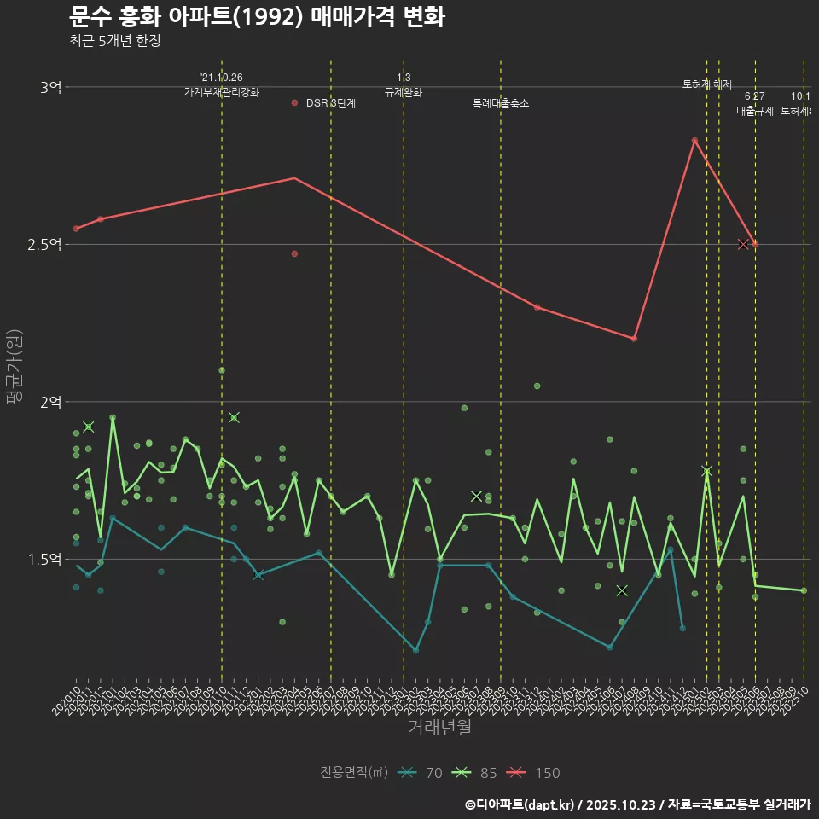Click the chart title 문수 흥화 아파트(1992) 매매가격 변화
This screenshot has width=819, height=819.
point(256,17)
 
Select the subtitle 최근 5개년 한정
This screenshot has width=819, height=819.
point(114,40)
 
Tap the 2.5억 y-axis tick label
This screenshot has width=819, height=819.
point(45,245)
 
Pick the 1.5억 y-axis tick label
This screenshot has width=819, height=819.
point(45,560)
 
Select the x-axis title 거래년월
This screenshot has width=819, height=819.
point(439,728)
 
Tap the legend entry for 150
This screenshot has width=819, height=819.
point(533,773)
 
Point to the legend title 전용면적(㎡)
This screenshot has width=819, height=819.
point(354,773)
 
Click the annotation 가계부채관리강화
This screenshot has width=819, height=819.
point(222,92)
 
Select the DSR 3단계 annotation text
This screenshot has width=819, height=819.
point(331,103)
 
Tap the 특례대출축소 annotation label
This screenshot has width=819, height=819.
point(501,103)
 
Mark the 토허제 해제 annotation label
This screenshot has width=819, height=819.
point(707,84)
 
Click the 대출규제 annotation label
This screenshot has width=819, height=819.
point(755,111)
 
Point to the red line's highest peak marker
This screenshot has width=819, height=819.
point(694,140)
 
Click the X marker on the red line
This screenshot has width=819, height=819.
point(743,245)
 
